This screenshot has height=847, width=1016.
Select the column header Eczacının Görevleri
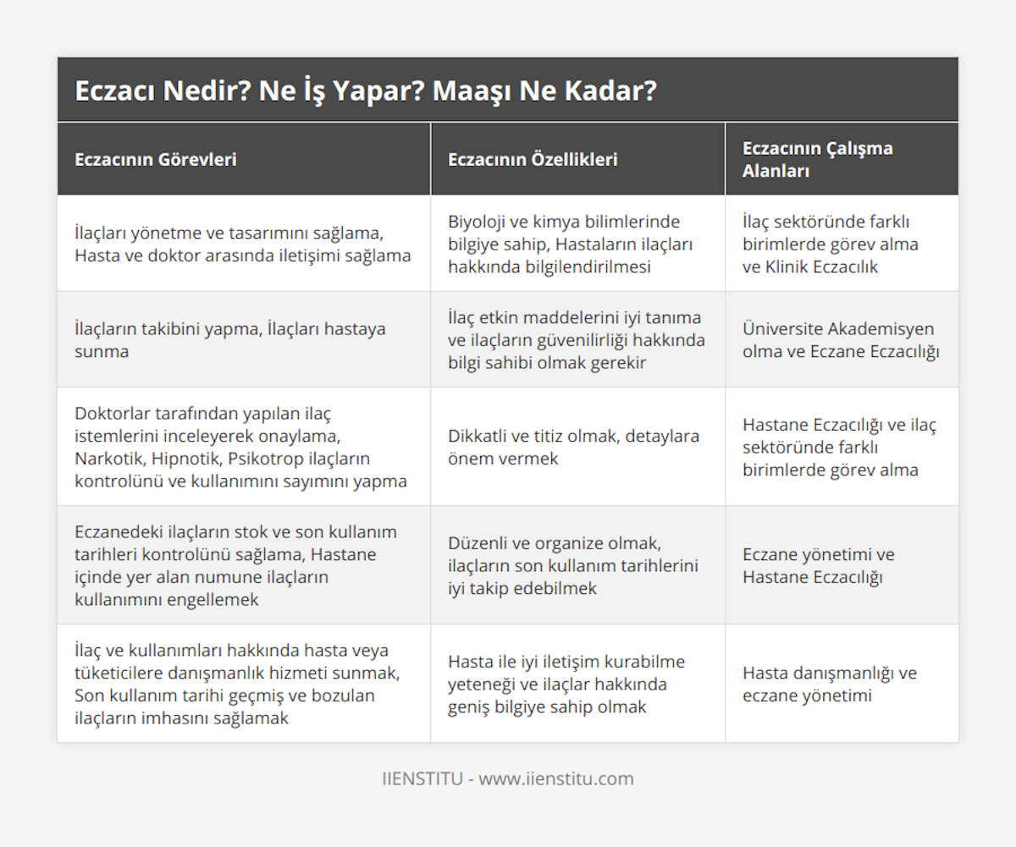pyautogui.click(x=156, y=159)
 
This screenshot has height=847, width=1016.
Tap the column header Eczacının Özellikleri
pyautogui.click(x=533, y=159)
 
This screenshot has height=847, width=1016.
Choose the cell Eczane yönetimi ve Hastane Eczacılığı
pyautogui.click(x=818, y=565)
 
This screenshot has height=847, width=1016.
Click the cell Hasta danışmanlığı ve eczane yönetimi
pyautogui.click(x=829, y=684)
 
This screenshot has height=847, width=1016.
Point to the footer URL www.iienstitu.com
pyautogui.click(x=556, y=778)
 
